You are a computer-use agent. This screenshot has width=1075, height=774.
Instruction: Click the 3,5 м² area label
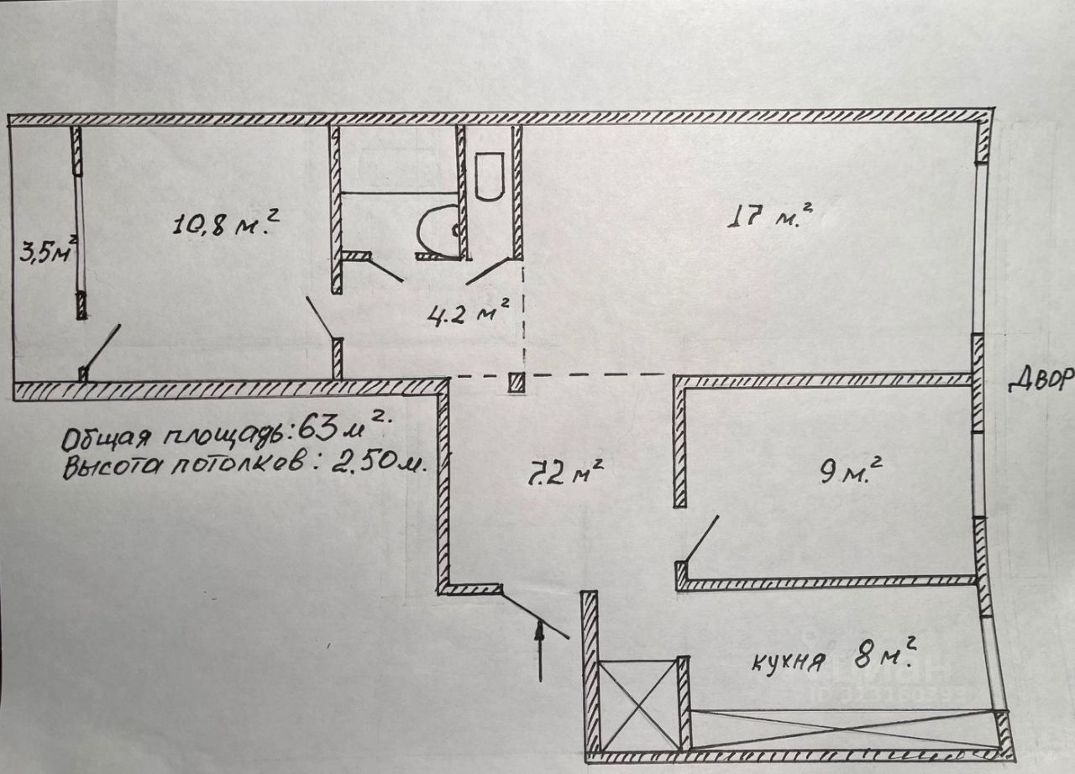(49, 251)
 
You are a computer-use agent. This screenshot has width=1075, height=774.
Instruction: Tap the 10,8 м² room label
(225, 224)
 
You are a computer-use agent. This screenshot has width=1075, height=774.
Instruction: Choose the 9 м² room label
(849, 473)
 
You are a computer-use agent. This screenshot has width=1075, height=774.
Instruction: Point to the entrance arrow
(540, 651)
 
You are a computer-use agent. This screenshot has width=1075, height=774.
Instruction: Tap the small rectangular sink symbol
(489, 175)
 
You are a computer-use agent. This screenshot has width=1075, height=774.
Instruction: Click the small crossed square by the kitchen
(640, 703)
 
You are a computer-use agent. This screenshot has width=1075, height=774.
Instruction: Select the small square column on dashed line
(517, 383)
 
